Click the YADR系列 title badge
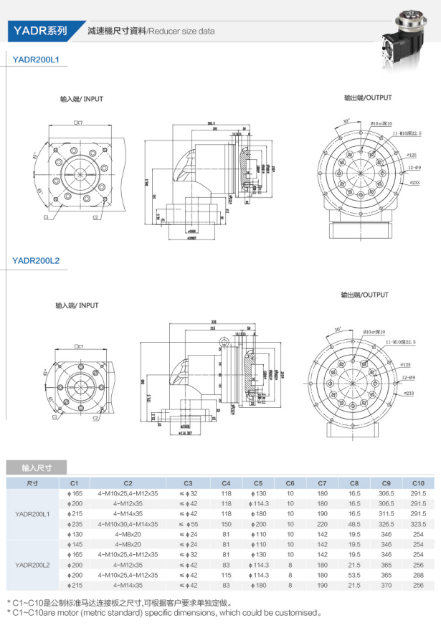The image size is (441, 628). (x=40, y=31)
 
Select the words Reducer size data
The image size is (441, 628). (x=181, y=32)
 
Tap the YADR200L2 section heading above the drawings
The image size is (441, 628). (x=36, y=262)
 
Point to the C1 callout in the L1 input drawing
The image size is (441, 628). (x=46, y=216)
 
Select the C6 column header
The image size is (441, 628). (x=290, y=482)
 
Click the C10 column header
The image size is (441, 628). (x=418, y=482)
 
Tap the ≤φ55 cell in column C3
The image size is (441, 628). (x=188, y=524)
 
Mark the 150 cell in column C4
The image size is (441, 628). (x=226, y=524)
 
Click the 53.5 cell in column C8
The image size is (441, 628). (x=354, y=575)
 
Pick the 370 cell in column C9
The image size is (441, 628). (x=387, y=585)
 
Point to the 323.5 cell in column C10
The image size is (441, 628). (x=418, y=524)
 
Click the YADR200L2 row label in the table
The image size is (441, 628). (x=32, y=565)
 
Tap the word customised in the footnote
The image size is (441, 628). (x=296, y=613)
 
